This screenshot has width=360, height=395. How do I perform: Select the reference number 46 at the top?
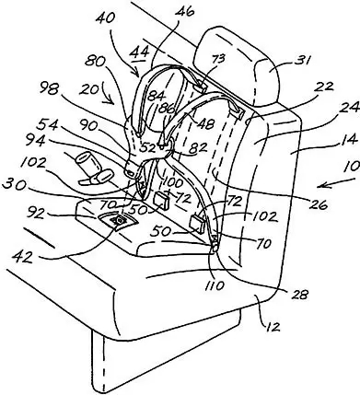[185, 11]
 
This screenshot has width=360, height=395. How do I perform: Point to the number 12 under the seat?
[273, 327]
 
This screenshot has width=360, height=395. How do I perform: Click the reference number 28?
[299, 294]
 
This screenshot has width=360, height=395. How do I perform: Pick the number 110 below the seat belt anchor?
[215, 285]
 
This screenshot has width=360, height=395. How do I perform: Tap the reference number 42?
[22, 257]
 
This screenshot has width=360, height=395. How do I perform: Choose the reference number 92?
[37, 213]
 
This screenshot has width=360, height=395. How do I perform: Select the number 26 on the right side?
[319, 204]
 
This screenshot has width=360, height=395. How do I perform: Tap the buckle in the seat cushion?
[118, 220]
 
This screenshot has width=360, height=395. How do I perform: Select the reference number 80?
[95, 62]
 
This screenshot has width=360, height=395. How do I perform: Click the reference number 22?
[323, 87]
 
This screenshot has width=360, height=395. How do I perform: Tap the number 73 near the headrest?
[220, 58]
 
